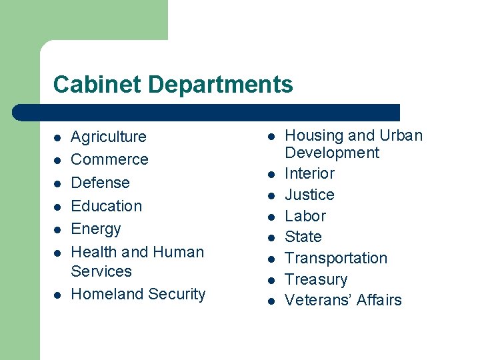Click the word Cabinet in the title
click(x=97, y=85)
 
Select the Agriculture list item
click(x=108, y=137)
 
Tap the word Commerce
click(x=109, y=159)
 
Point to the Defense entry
click(x=100, y=183)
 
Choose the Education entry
click(x=106, y=206)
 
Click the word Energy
click(x=95, y=229)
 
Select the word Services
click(x=101, y=271)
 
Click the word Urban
click(x=400, y=135)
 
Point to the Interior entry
click(x=309, y=173)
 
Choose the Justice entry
click(x=309, y=195)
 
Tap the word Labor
click(x=305, y=216)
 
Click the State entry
click(x=303, y=237)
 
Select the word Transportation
click(x=335, y=258)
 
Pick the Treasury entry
click(x=315, y=279)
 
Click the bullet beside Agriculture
click(x=57, y=138)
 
